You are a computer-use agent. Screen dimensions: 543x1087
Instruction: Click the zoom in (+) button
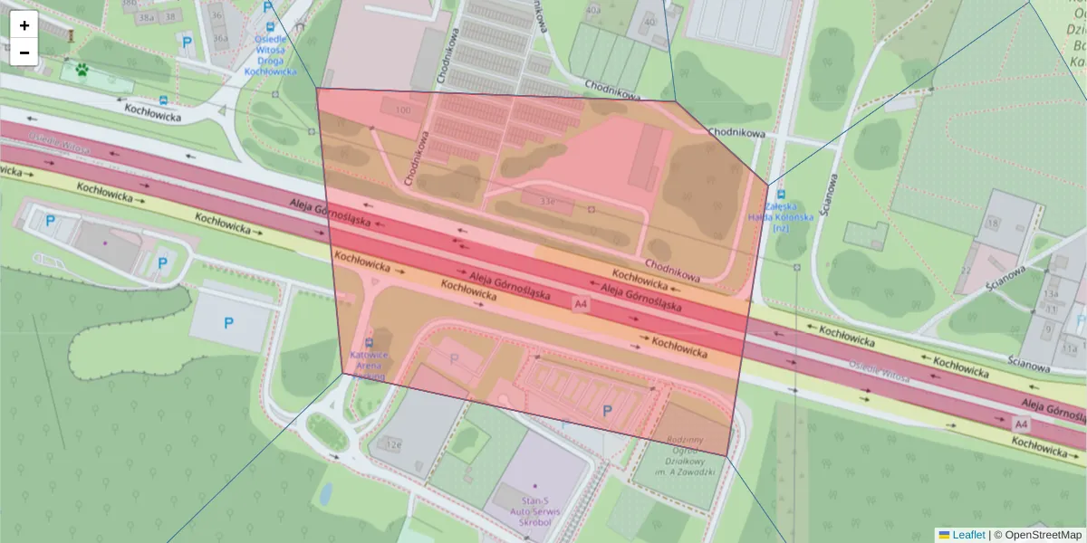point(24,25)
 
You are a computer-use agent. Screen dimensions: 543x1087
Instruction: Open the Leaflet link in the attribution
point(967,535)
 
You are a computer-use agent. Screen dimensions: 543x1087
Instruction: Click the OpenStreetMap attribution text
point(1042,535)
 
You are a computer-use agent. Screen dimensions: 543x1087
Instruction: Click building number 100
point(403,110)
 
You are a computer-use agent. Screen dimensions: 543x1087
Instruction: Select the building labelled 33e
point(546,201)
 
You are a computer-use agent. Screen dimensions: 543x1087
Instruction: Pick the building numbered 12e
point(393,444)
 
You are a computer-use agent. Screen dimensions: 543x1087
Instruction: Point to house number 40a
point(594,11)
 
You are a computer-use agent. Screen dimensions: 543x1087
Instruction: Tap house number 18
point(994,223)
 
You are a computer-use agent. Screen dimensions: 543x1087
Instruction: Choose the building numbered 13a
point(1051,294)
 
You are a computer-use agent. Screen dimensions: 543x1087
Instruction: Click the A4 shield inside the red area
point(581,306)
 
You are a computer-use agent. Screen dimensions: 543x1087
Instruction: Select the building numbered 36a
point(219,38)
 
